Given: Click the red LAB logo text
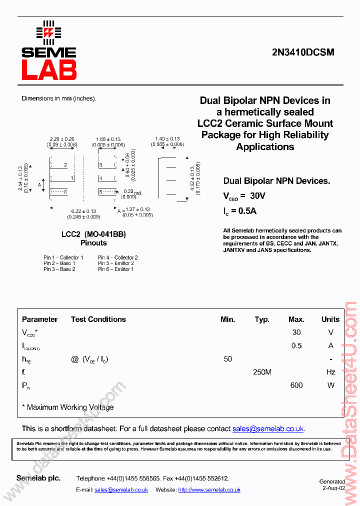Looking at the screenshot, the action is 49,70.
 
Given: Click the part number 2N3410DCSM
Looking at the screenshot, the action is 303,52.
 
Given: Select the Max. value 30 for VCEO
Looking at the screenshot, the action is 296,332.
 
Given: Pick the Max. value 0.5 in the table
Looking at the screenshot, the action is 296,345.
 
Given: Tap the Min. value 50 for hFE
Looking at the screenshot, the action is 228,359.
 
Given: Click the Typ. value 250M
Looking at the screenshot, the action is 262,372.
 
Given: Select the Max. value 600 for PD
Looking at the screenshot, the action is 296,385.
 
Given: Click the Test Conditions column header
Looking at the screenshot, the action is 98,319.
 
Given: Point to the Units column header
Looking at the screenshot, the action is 330,319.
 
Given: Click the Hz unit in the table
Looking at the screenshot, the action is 330,372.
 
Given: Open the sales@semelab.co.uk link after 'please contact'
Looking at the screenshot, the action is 268,428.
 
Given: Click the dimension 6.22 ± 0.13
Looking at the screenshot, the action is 83,211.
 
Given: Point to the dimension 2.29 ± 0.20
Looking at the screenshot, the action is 62,139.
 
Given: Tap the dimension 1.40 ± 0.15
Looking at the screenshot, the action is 167,138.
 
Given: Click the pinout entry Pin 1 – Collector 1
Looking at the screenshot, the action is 63,257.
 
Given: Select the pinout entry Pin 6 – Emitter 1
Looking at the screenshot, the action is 116,269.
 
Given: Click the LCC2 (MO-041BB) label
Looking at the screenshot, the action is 93,234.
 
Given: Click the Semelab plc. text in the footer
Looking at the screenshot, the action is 38,478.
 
